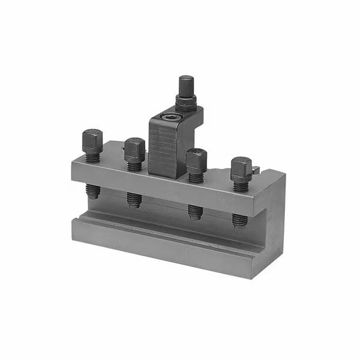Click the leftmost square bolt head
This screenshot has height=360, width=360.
pyautogui.click(x=92, y=140)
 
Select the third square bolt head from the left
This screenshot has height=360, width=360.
pyautogui.click(x=196, y=160)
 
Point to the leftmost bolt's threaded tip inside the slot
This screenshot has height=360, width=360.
pyautogui.click(x=92, y=191)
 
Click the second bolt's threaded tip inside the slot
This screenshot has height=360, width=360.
pyautogui.click(x=134, y=199)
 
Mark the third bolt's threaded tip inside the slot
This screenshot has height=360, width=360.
pyautogui.click(x=195, y=212)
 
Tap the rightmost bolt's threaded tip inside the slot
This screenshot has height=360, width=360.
pyautogui.click(x=239, y=220)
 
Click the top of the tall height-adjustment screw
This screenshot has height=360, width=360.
pyautogui.click(x=187, y=82)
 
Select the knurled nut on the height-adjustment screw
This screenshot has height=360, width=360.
pyautogui.click(x=186, y=102)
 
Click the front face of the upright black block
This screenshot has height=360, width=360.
pyautogui.click(x=163, y=150)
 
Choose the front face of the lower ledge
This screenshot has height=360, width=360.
pyautogui.click(x=168, y=246)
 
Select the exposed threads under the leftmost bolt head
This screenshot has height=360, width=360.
pyautogui.click(x=92, y=157)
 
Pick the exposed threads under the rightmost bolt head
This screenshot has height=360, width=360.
pyautogui.click(x=241, y=185)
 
